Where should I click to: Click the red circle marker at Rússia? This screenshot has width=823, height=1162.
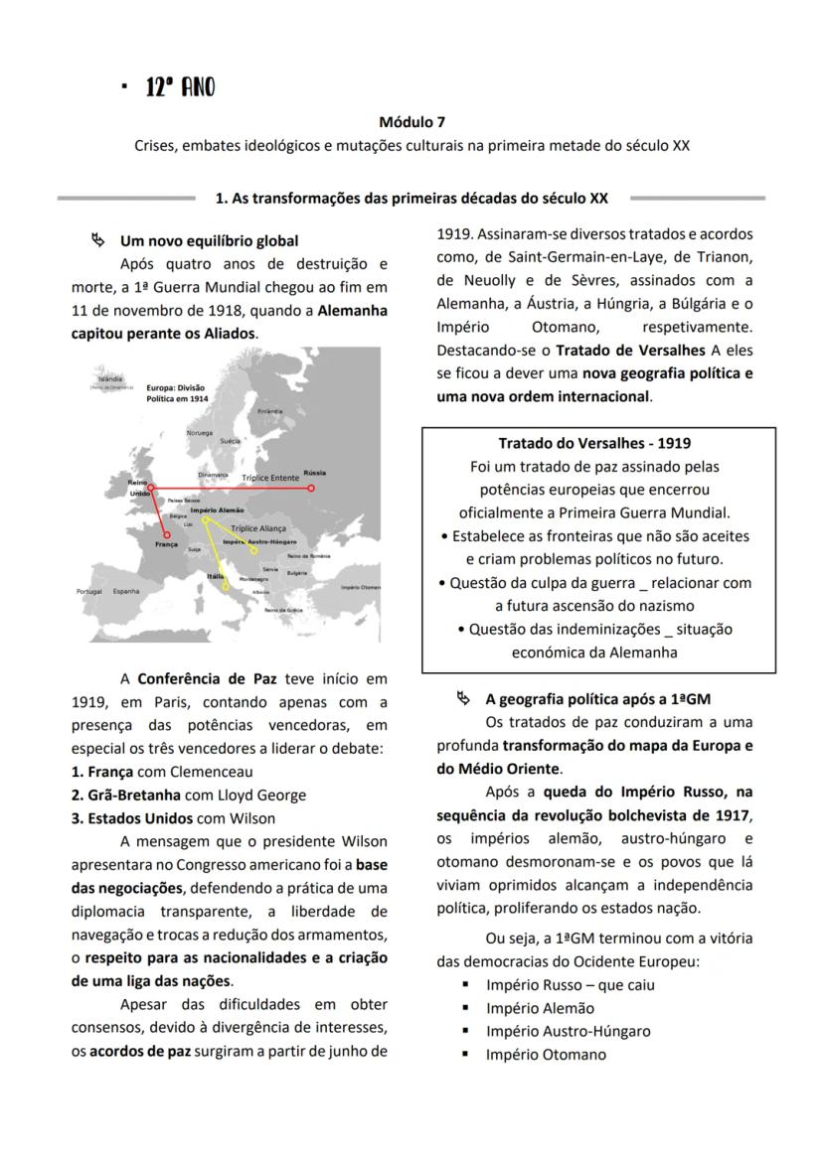[311, 488]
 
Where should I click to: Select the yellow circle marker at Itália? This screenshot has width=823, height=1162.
[227, 586]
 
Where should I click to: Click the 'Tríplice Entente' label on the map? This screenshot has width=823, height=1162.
[270, 478]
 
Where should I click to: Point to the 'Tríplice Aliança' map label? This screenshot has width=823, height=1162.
[257, 528]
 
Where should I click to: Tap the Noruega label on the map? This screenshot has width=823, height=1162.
[199, 433]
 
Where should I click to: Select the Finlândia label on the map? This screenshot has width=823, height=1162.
[269, 410]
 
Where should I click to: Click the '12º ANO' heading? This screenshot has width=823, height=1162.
[180, 87]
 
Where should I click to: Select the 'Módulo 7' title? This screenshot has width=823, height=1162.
[411, 123]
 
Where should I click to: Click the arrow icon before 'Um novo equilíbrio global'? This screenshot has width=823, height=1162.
[97, 239]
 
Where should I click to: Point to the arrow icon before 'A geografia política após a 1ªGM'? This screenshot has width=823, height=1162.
[463, 698]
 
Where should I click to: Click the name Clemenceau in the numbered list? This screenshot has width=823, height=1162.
[212, 771]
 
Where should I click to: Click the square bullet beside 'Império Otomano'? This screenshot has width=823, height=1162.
[465, 1055]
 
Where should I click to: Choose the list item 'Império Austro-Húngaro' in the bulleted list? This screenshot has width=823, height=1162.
[568, 1031]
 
